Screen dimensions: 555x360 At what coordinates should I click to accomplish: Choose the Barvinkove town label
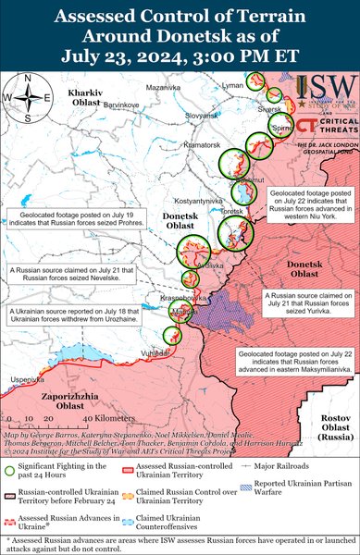tap(120, 105)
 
